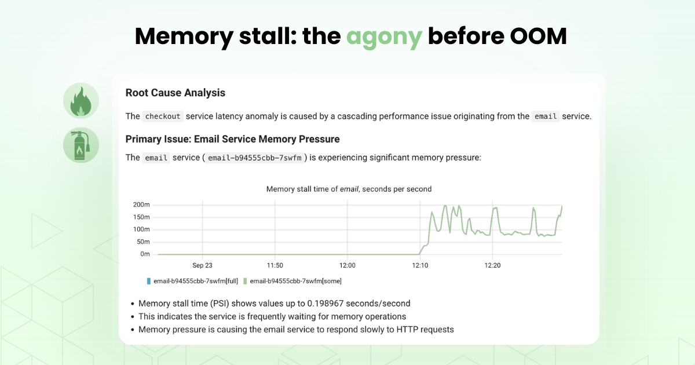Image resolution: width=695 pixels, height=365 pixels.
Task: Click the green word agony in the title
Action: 384,36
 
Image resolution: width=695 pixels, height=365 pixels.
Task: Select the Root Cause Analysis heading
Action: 175,93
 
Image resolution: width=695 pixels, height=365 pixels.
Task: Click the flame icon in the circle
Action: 81,101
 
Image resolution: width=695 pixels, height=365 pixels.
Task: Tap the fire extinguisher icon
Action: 81,145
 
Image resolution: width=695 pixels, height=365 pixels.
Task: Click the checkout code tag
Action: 163,116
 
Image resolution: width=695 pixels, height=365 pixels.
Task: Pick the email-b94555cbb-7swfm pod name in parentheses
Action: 255,158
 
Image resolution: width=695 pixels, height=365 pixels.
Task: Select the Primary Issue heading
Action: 232,139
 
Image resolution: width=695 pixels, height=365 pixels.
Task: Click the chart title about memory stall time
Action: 349,189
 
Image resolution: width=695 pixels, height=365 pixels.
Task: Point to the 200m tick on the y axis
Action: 141,205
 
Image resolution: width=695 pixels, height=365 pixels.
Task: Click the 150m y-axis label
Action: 141,217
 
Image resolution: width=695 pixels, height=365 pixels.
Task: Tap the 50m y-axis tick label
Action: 143,242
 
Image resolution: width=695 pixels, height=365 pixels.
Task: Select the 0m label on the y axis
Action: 145,254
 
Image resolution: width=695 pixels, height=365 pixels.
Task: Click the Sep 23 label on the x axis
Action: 202,265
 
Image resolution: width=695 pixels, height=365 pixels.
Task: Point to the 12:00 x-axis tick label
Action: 347,265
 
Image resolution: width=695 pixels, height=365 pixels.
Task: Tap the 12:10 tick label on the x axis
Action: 420,265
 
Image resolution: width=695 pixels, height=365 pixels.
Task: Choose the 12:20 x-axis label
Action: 492,265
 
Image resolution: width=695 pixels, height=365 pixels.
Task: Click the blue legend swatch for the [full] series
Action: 149,281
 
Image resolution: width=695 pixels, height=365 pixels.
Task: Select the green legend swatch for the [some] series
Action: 245,281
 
